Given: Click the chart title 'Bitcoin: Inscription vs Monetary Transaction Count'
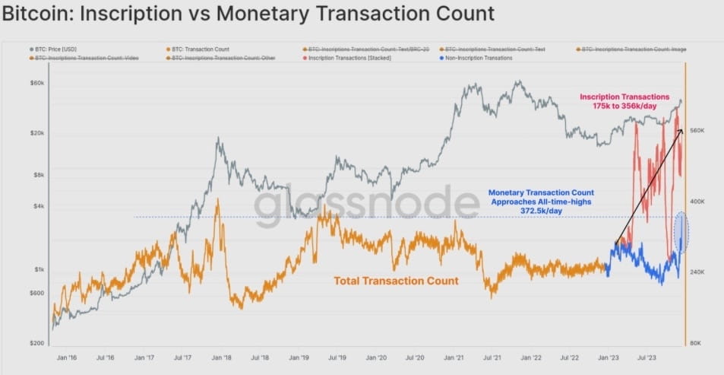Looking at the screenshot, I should (248, 14).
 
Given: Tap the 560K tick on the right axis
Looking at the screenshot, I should (697, 131).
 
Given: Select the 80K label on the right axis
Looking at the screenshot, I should (696, 343).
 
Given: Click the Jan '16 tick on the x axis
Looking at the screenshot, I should (67, 356).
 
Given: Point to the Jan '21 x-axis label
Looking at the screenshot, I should (454, 356).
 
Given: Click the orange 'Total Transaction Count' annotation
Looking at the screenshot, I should (396, 281).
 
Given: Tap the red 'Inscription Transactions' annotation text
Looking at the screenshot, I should (624, 97).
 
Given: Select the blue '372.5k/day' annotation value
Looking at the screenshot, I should (541, 211).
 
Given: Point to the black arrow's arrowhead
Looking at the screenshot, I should (681, 131).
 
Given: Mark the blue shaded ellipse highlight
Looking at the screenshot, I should (681, 232).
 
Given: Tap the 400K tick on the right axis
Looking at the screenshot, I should (697, 202).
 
